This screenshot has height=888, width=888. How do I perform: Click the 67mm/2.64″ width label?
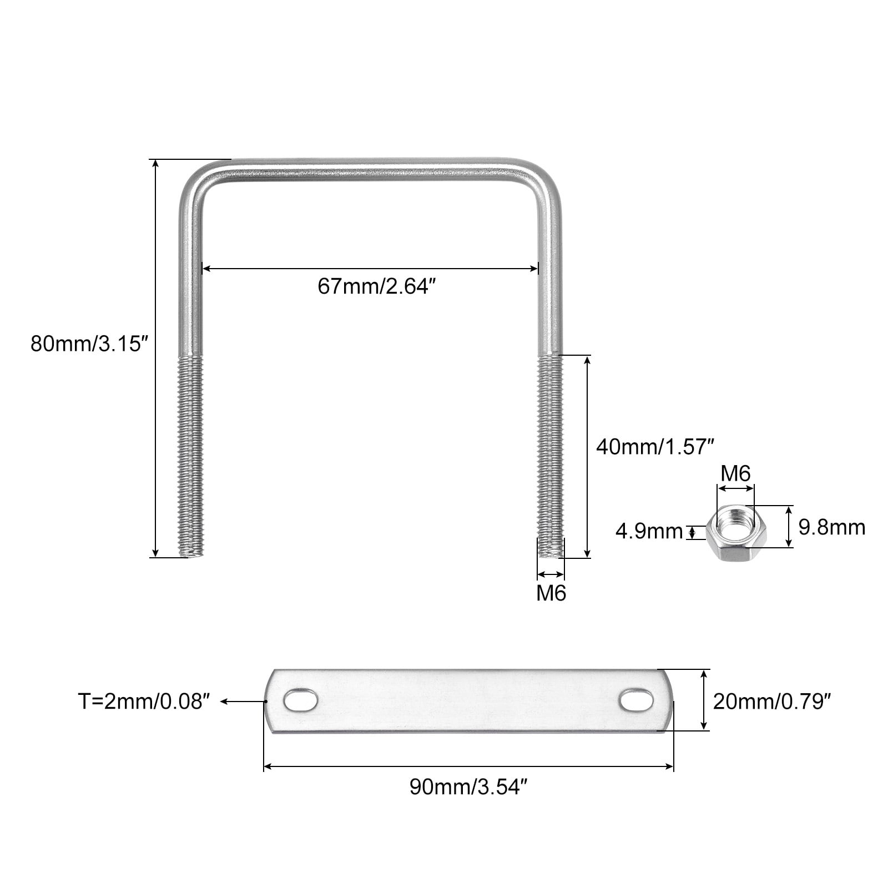[374, 287]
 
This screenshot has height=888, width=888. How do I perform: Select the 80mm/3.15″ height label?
[90, 344]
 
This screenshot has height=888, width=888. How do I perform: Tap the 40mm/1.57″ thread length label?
[654, 446]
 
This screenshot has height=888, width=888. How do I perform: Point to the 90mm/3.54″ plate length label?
[467, 787]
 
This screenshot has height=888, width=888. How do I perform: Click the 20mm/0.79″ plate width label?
[772, 702]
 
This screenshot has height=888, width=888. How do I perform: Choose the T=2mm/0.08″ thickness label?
[145, 702]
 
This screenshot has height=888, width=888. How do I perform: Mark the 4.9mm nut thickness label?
[649, 532]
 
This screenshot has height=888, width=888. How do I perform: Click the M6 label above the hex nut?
[735, 473]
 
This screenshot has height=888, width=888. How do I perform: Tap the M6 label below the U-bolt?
[551, 593]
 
